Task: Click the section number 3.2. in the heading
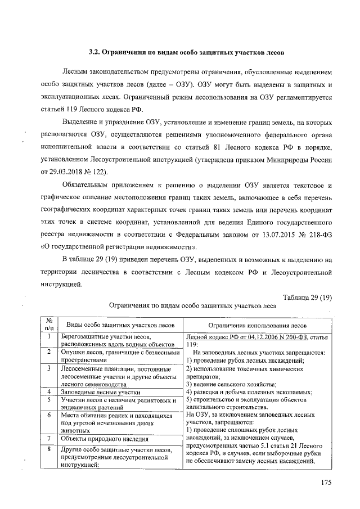click(96, 53)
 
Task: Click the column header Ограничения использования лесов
click(258, 325)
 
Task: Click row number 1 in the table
click(49, 337)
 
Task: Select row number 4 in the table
click(49, 391)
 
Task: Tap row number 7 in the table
click(49, 438)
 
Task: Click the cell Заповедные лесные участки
click(101, 392)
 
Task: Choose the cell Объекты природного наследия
click(105, 439)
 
